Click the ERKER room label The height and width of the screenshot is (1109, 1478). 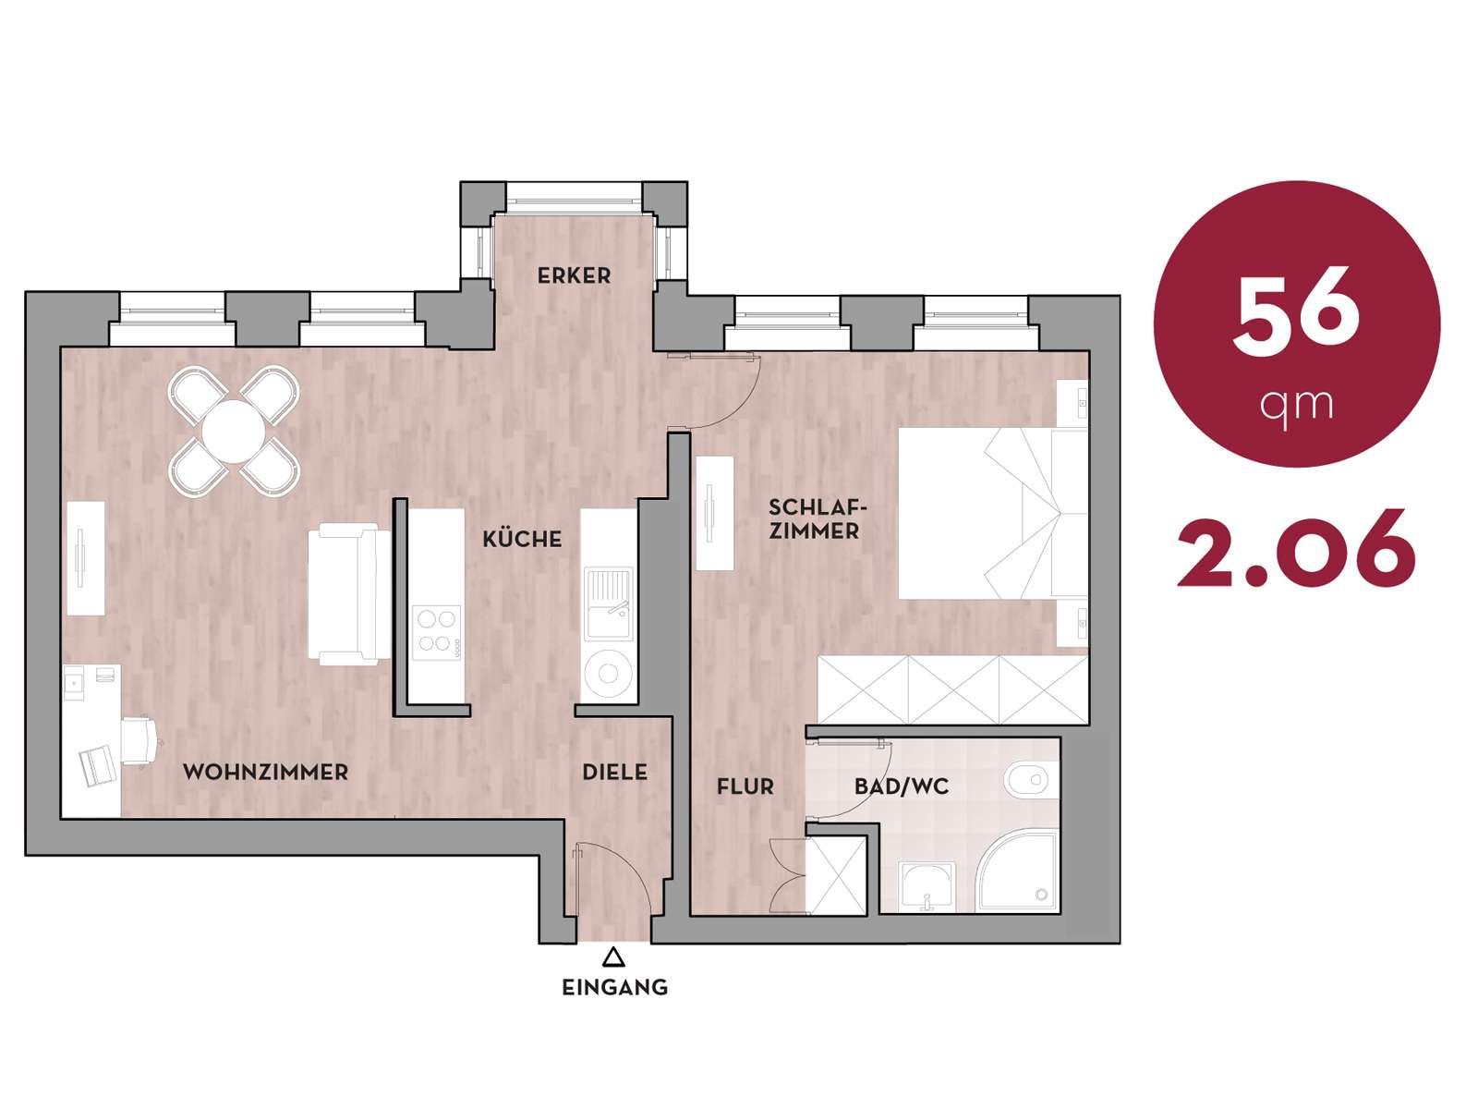pyautogui.click(x=574, y=275)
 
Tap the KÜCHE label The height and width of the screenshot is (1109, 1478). pyautogui.click(x=522, y=538)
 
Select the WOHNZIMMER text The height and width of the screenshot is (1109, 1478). pyautogui.click(x=265, y=772)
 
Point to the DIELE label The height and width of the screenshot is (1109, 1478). pyautogui.click(x=615, y=772)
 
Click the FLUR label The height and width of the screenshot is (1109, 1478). pyautogui.click(x=745, y=786)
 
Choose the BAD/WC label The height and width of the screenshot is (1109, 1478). pyautogui.click(x=902, y=786)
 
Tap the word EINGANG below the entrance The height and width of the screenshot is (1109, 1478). pyautogui.click(x=615, y=987)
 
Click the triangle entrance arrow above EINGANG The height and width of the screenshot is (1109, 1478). pyautogui.click(x=613, y=957)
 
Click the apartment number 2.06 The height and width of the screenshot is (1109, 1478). pyautogui.click(x=1296, y=547)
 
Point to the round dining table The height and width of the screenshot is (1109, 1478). pyautogui.click(x=234, y=432)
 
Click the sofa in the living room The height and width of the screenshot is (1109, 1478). pyautogui.click(x=349, y=594)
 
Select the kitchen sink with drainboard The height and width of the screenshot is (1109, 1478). pyautogui.click(x=608, y=602)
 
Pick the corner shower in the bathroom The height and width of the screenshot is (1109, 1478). pyautogui.click(x=1020, y=872)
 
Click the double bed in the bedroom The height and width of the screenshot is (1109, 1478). pyautogui.click(x=993, y=513)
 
